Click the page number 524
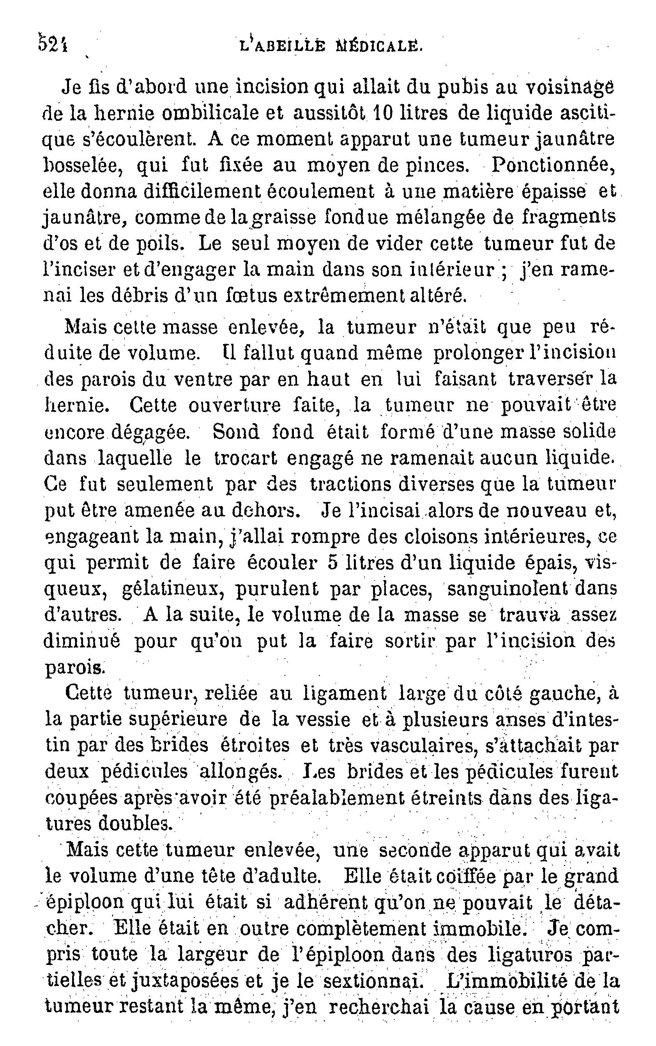(x=53, y=44)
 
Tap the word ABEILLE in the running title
(x=287, y=46)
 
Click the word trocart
(x=246, y=458)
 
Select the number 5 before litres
(x=333, y=563)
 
